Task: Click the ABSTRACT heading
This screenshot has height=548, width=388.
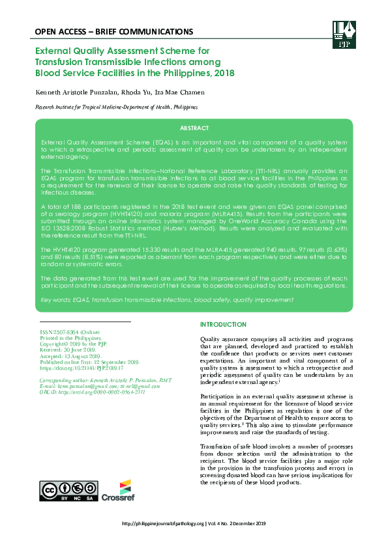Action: (194, 128)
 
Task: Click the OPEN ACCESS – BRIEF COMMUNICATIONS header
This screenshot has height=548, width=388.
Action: (113, 31)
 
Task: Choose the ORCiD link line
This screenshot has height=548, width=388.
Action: (92, 392)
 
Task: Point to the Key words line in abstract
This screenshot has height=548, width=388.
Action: (166, 299)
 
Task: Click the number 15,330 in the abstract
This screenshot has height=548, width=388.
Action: (170, 250)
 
